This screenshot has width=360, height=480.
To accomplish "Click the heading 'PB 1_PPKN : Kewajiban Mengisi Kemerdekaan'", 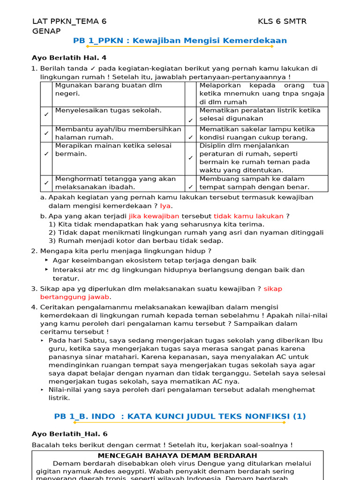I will (180, 41).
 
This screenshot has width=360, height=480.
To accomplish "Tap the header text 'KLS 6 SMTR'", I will (282, 22).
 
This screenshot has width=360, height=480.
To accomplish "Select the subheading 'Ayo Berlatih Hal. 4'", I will (69, 58).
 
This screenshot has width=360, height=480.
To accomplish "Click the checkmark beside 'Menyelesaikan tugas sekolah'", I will (46, 114).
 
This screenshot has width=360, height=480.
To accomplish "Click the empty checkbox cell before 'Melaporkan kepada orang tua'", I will (191, 94).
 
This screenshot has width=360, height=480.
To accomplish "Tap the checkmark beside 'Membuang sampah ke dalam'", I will (191, 187).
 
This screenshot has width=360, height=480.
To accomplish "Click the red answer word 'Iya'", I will (165, 206).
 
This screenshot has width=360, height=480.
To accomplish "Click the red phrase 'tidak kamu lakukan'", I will (248, 216).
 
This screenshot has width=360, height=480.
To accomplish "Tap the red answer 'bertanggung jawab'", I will (75, 297).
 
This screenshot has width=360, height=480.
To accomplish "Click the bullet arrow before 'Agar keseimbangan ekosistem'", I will (47, 260).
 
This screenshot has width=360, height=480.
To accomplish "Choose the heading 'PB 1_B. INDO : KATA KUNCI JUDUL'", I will (180, 416).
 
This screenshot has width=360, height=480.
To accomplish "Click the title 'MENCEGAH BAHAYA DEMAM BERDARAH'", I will (177, 456).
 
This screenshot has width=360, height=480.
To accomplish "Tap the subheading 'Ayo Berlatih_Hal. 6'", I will (69, 434).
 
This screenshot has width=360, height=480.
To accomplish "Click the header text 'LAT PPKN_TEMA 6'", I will (69, 22).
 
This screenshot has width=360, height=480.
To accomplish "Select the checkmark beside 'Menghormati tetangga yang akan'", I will (46, 183).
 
